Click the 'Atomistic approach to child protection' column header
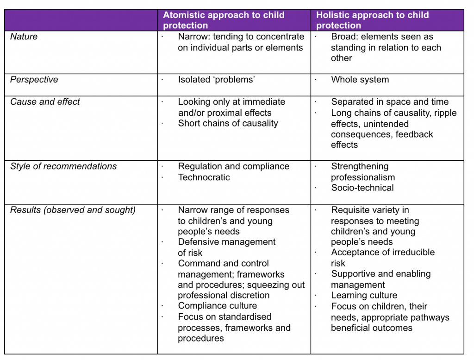(x=224, y=20)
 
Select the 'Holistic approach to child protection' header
(x=373, y=20)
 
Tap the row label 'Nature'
(x=24, y=37)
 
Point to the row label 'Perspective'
(x=34, y=80)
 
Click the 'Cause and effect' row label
(x=45, y=101)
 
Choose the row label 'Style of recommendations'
(x=63, y=166)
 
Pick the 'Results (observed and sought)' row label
(x=73, y=210)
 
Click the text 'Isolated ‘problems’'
(x=217, y=80)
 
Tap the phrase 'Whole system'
(x=360, y=80)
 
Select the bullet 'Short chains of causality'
(x=228, y=123)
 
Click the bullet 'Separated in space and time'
(x=390, y=102)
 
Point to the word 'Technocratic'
(x=204, y=177)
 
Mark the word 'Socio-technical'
(x=362, y=188)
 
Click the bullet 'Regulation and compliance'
(x=234, y=166)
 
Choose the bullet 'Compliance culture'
(x=218, y=306)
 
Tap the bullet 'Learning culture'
(x=364, y=295)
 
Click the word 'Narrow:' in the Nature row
(x=194, y=37)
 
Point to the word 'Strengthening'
(x=360, y=166)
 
